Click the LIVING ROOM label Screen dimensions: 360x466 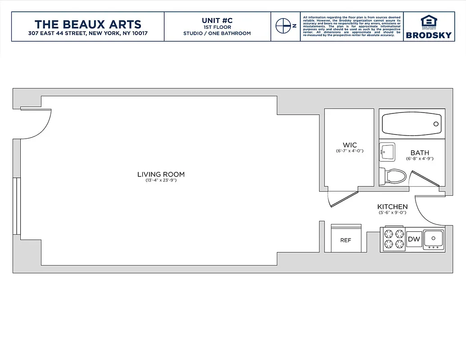coord(161,175)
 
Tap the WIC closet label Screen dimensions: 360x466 coord(349,145)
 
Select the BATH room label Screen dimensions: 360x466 coord(419,153)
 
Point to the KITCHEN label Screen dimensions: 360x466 coord(392,207)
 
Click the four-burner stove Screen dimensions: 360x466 coord(393,238)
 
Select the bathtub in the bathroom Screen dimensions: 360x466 coord(411,124)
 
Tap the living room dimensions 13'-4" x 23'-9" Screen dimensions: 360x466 coord(161,180)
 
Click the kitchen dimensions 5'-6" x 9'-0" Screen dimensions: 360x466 coord(392,212)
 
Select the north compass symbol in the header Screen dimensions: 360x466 coord(284,26)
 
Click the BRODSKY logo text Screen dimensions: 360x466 coord(428,35)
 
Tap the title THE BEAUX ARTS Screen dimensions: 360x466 coord(88,24)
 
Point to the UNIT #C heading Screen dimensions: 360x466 coord(217,21)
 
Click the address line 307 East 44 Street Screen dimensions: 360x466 coord(88,34)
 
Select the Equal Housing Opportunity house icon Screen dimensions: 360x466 coord(428,21)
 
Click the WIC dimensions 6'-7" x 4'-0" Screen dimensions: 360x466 coord(349,151)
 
